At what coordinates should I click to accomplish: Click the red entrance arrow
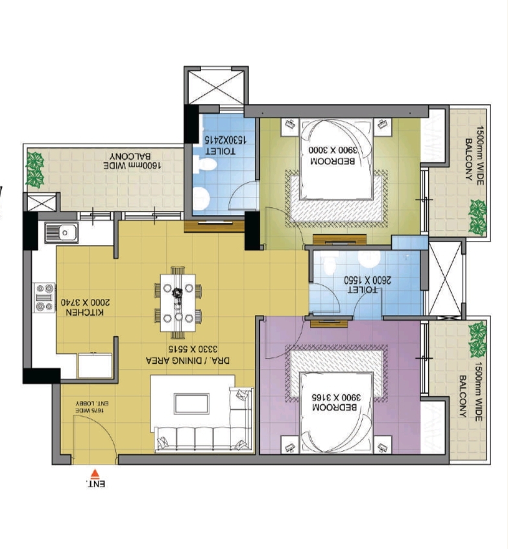(x=95, y=473)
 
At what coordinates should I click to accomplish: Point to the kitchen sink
(x=61, y=232)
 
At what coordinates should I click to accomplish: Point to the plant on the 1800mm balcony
(x=35, y=168)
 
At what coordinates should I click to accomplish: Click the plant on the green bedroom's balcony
(x=478, y=216)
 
